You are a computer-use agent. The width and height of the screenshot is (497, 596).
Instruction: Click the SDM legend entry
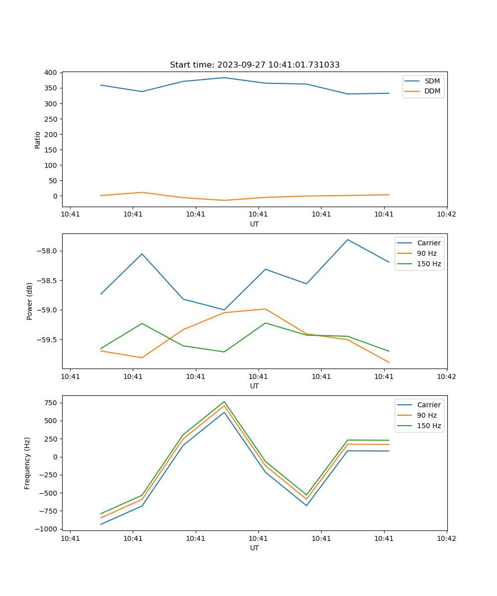click(432, 81)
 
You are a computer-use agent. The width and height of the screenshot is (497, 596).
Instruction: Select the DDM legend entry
click(432, 91)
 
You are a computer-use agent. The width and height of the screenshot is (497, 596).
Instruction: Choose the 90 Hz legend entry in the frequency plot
click(426, 415)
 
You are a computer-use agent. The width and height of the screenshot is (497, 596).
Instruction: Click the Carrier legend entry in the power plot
click(428, 243)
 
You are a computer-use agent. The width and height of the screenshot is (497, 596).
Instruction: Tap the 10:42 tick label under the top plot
click(446, 215)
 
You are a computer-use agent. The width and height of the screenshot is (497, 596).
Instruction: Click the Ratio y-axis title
click(38, 140)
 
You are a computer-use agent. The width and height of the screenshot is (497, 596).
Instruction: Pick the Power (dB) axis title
click(30, 301)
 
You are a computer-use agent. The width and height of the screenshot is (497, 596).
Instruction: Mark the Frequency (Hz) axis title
click(27, 463)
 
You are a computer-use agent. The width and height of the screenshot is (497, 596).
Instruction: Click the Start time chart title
click(254, 65)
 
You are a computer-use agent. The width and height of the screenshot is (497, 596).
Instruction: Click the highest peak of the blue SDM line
click(224, 77)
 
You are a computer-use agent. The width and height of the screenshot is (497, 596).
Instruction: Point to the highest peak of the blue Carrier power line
click(347, 239)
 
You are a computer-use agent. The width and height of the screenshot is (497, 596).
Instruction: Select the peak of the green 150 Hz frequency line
click(224, 401)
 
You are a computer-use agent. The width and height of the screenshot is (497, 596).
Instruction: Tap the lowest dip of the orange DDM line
click(224, 200)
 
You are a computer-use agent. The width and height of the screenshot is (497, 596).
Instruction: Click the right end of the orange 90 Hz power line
click(389, 363)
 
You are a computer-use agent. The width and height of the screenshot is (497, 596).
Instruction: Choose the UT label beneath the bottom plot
click(254, 548)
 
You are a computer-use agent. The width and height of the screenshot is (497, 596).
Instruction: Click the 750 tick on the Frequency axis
click(50, 403)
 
